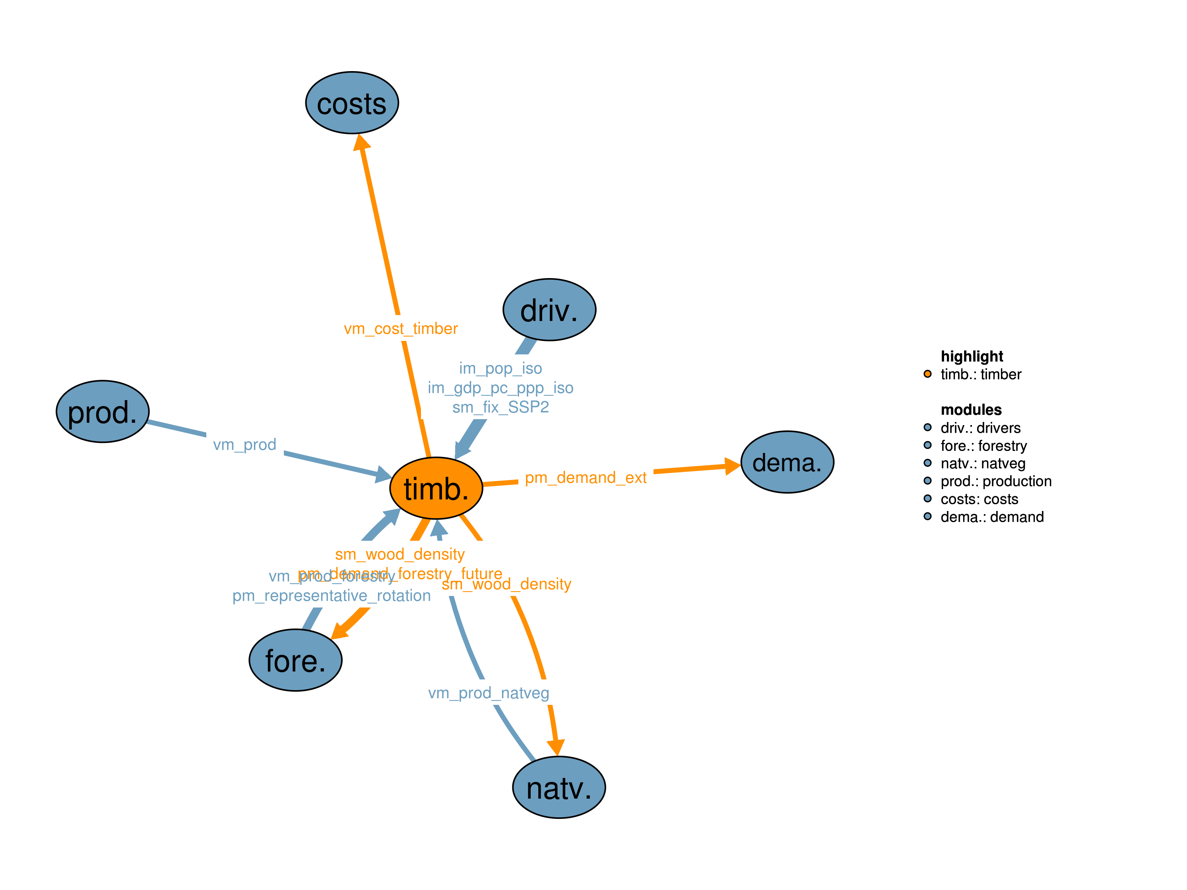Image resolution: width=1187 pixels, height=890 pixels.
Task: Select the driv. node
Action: [x=549, y=310]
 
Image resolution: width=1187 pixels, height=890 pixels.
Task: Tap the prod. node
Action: [x=103, y=412]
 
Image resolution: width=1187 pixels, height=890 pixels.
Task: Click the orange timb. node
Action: [x=436, y=488]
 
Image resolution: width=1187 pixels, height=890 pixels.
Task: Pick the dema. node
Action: [x=787, y=462]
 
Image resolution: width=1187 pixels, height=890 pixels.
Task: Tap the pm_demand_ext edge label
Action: [x=586, y=478]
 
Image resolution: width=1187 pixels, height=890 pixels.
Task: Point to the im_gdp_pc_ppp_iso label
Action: [x=500, y=387]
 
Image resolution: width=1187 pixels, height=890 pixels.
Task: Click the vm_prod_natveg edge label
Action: [x=488, y=693]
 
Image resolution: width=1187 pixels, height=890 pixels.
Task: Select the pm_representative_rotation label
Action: [x=331, y=596]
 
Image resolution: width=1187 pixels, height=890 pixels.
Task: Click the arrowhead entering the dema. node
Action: [x=732, y=466]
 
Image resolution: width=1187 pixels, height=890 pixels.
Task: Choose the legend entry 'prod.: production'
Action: [x=995, y=481]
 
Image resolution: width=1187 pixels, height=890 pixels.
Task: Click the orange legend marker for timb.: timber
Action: [x=927, y=374]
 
